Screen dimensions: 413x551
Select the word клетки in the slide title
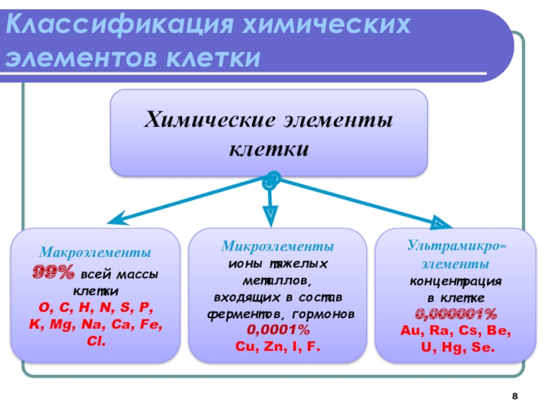click(211, 59)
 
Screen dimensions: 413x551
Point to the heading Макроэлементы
click(95, 253)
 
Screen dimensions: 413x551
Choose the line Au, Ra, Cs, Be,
click(455, 330)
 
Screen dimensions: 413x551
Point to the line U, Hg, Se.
click(456, 348)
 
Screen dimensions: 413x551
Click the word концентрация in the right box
click(455, 282)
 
